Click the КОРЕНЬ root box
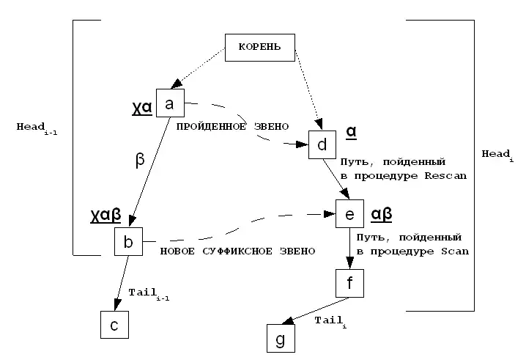(x=259, y=48)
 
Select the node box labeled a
(x=170, y=104)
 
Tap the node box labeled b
(x=128, y=242)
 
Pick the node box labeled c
(x=114, y=325)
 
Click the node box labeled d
(x=322, y=144)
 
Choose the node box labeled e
(x=349, y=214)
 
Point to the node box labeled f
(x=349, y=283)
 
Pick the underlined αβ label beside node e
(x=382, y=213)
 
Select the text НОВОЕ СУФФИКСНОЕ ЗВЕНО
(x=237, y=251)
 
